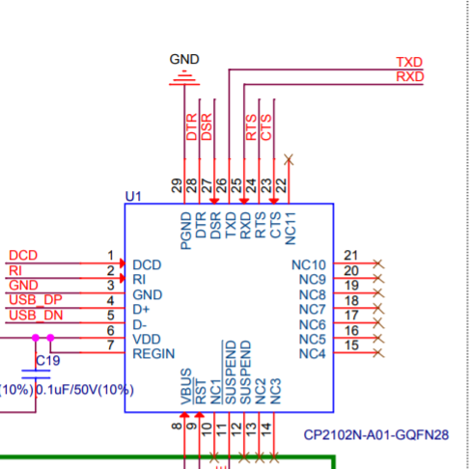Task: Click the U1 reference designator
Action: click(x=133, y=196)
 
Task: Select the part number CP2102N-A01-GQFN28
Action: click(x=375, y=435)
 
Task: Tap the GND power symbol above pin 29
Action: click(x=184, y=78)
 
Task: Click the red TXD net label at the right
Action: click(x=409, y=62)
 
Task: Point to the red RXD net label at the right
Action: click(x=409, y=77)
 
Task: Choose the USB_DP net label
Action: click(x=36, y=300)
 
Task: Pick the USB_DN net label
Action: click(x=36, y=316)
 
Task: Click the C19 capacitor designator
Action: click(x=47, y=361)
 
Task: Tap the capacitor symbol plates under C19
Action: click(x=36, y=374)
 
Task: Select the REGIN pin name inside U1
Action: click(x=153, y=354)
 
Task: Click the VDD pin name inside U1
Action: click(x=147, y=339)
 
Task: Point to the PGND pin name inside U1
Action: click(x=186, y=231)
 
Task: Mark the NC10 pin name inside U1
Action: click(x=309, y=265)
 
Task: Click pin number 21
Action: click(x=350, y=256)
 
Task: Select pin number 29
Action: click(x=177, y=185)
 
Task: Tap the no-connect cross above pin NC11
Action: click(x=289, y=159)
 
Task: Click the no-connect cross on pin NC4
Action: click(x=378, y=353)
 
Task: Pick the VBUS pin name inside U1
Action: click(x=186, y=387)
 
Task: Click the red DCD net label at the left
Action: click(x=23, y=256)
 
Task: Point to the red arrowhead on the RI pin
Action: click(x=123, y=278)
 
